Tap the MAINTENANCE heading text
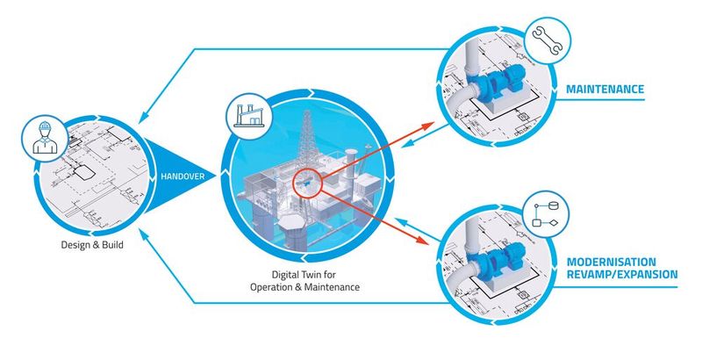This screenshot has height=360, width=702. [605, 90]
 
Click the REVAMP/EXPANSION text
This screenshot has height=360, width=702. [621, 275]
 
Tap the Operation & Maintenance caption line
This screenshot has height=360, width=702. [303, 287]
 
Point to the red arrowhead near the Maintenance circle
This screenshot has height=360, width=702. [429, 124]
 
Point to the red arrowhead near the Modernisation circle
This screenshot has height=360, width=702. [430, 241]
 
